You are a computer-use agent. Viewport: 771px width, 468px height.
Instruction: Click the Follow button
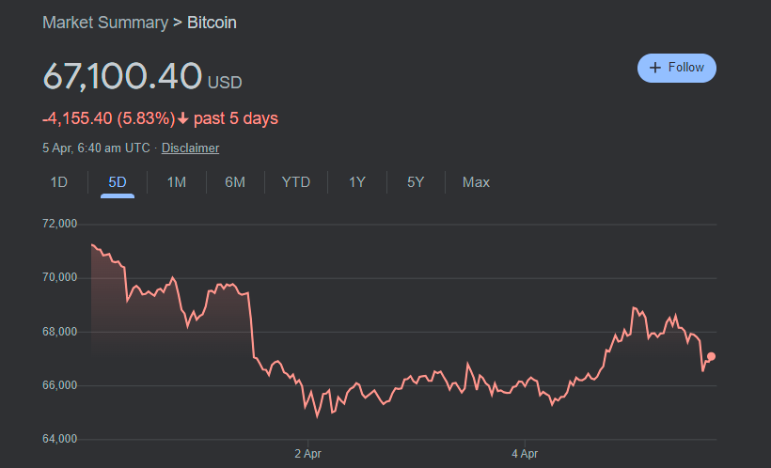point(677,68)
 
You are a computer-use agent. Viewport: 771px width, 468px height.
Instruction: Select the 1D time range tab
point(58,182)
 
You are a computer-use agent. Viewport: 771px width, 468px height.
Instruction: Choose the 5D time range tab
point(118,182)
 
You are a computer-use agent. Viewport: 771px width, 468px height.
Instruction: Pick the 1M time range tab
point(176,182)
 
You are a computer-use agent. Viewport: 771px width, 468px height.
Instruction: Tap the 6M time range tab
point(235,182)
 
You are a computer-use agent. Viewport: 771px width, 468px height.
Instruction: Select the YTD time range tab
point(296,182)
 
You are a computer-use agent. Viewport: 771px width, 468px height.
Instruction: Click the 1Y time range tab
point(357,182)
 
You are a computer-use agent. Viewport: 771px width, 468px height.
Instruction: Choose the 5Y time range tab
point(416,182)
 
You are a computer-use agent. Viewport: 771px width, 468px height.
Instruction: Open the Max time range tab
point(476,182)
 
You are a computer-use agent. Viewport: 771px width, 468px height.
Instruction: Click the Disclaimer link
point(190,148)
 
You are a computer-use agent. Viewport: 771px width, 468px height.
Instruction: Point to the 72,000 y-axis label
point(59,224)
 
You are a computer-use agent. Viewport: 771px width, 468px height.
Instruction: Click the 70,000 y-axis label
point(59,278)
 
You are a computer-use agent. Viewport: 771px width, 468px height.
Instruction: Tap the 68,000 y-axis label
point(59,332)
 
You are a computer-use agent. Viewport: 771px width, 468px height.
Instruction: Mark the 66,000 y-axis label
point(59,385)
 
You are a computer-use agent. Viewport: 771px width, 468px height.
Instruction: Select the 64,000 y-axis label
point(59,439)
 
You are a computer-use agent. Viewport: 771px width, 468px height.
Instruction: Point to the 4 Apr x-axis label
point(525,453)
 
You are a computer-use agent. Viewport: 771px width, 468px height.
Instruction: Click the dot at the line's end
point(711,356)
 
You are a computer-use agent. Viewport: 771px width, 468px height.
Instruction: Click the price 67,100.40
point(122,76)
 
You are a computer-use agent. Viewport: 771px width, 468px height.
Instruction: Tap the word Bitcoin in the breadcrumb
point(212,22)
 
